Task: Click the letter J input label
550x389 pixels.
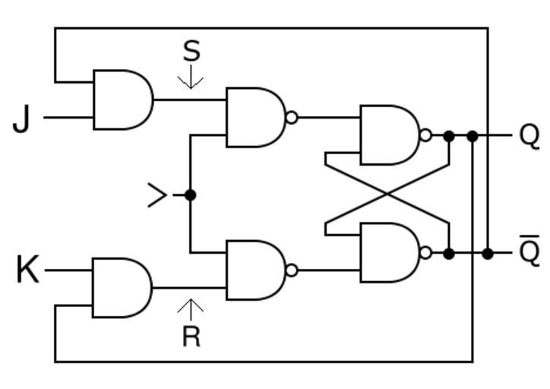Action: tap(23, 119)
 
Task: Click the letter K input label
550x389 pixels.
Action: tap(27, 270)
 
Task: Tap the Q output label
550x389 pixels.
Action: tap(529, 135)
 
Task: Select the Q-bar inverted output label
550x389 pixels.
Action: tap(529, 251)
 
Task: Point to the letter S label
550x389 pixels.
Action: tap(191, 51)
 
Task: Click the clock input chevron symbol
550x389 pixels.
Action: tap(157, 195)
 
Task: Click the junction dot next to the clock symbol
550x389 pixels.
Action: tap(190, 195)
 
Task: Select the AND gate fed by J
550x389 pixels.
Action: tap(122, 100)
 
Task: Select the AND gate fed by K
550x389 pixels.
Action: tap(122, 287)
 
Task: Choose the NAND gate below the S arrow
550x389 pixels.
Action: tap(256, 117)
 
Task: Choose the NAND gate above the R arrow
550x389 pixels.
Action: tap(256, 270)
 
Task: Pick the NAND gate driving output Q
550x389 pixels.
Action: tap(390, 135)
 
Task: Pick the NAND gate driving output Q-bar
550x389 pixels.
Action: tap(390, 252)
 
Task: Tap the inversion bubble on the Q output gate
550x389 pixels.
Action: tap(425, 135)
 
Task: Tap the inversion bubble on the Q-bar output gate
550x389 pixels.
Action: tap(425, 252)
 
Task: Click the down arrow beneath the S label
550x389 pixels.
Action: tap(191, 77)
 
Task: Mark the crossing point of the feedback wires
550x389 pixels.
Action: tap(387, 194)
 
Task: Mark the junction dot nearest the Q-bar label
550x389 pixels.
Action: tap(488, 253)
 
